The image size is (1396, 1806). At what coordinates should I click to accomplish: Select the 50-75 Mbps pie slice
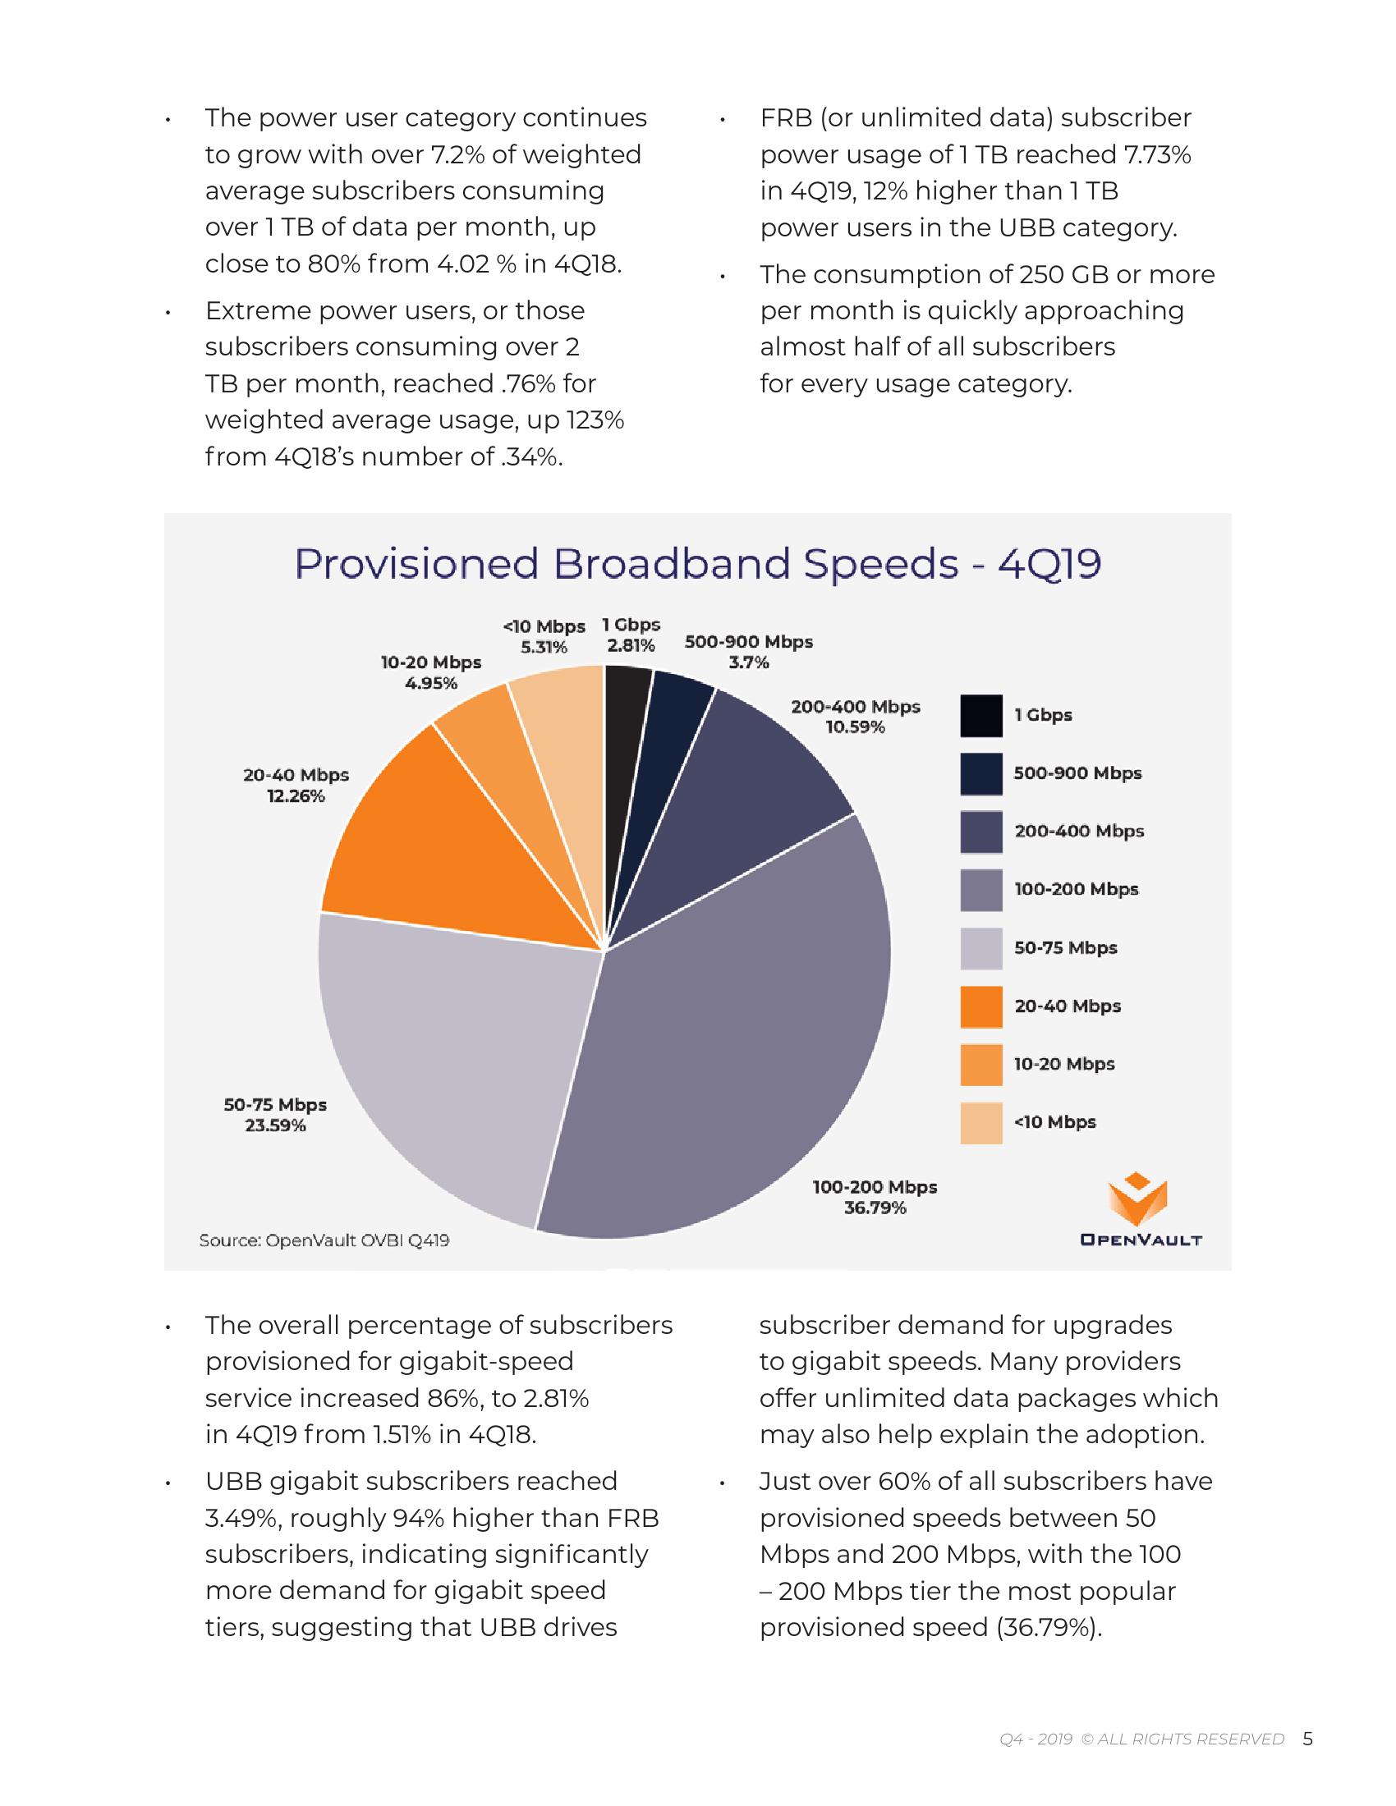click(447, 1058)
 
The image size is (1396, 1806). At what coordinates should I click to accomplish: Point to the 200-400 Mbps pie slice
click(744, 794)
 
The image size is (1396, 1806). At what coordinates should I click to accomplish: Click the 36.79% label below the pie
click(875, 1208)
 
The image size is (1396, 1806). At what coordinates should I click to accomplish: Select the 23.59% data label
click(275, 1125)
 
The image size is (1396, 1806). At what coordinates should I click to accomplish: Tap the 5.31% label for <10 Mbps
click(544, 648)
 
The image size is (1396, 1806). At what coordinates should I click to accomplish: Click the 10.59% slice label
click(855, 727)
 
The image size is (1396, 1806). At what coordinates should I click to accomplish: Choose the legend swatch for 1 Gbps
click(980, 715)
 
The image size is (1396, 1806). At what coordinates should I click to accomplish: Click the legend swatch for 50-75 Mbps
click(980, 947)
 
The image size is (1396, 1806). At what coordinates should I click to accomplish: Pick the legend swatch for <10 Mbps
click(980, 1122)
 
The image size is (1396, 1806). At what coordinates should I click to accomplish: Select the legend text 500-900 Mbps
click(1077, 773)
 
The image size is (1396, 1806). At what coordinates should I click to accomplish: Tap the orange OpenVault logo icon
click(1138, 1199)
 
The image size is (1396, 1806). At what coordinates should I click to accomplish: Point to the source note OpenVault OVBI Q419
click(324, 1240)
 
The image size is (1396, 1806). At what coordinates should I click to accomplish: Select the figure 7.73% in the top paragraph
click(1157, 154)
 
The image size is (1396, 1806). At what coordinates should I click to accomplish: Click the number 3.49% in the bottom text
click(239, 1518)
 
